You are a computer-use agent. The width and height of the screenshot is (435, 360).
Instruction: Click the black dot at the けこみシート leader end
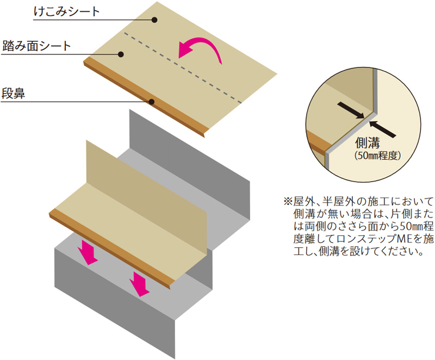point(154,20)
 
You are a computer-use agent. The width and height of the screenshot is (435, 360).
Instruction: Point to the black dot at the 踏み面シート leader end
point(122,53)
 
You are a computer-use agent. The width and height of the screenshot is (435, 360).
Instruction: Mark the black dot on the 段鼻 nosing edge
point(152,102)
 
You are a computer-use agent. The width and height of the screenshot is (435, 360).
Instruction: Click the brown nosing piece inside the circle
point(319,143)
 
